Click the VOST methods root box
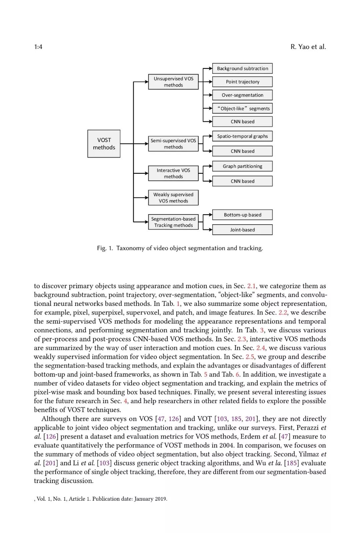pos(104,144)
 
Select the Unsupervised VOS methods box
pos(173,82)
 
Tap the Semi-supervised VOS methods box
pos(173,144)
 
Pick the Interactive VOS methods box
pos(173,173)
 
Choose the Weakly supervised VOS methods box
pos(173,198)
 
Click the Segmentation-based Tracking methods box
pos(173,222)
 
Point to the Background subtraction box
pos(242,68)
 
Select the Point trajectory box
pos(242,82)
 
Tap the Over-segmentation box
pos(242,95)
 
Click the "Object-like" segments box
pos(242,108)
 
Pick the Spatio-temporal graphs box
pos(242,136)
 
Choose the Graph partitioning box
pos(242,166)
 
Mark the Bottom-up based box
pos(242,215)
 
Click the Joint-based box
pos(242,230)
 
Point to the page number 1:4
pos(38,47)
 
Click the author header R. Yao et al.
pos(308,47)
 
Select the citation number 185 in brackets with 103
pos(236,419)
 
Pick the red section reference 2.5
pos(250,357)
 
